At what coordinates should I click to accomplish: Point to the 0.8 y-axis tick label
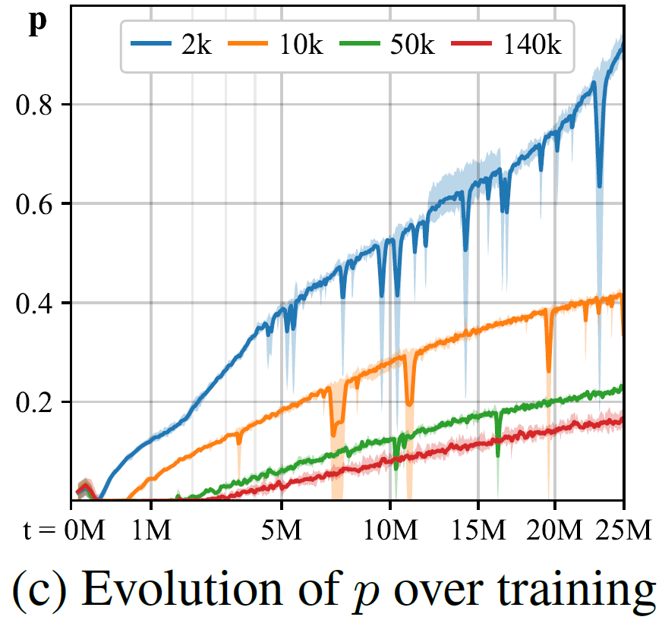[36, 104]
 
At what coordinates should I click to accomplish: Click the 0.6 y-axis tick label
[36, 203]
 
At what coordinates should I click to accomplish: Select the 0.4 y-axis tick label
[36, 303]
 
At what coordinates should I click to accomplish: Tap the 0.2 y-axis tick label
[36, 402]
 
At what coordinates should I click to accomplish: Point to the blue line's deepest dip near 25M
[600, 184]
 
